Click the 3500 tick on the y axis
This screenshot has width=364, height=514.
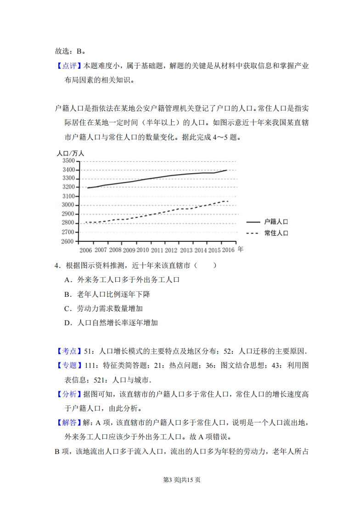(x=67, y=161)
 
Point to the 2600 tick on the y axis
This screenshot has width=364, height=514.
(x=67, y=241)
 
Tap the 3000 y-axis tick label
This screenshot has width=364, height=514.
(x=67, y=205)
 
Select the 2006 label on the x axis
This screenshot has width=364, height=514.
(x=86, y=250)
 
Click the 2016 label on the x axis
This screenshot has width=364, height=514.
(x=228, y=250)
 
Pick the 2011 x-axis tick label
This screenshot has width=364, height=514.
(x=157, y=250)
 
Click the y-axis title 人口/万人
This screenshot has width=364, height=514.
(x=70, y=153)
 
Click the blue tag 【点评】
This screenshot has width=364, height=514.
(x=68, y=66)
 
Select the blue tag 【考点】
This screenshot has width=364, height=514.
(x=68, y=351)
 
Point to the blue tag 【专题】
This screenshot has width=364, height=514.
(x=68, y=366)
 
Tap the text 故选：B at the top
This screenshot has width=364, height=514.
(x=70, y=51)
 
